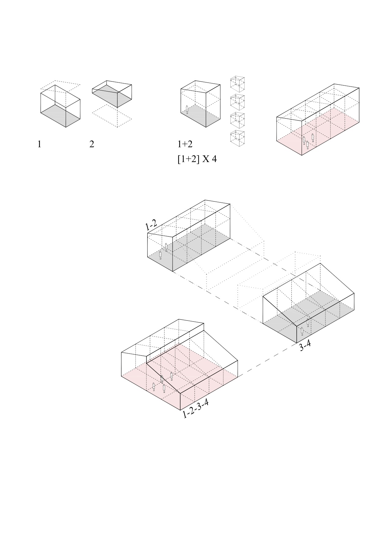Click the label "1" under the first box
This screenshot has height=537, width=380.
pyautogui.click(x=39, y=144)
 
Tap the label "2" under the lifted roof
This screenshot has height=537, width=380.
pyautogui.click(x=92, y=144)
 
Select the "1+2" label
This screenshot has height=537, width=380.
pyautogui.click(x=185, y=144)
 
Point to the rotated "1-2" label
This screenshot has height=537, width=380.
pyautogui.click(x=151, y=226)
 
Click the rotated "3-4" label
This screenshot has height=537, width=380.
pyautogui.click(x=305, y=346)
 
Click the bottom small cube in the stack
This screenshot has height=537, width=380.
pyautogui.click(x=237, y=138)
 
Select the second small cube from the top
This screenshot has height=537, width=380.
pyautogui.click(x=237, y=102)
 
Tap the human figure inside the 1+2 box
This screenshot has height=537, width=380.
pyautogui.click(x=187, y=109)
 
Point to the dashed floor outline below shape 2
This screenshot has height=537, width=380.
pyautogui.click(x=112, y=116)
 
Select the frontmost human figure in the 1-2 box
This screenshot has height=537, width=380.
pyautogui.click(x=160, y=255)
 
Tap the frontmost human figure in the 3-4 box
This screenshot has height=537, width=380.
pyautogui.click(x=302, y=331)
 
